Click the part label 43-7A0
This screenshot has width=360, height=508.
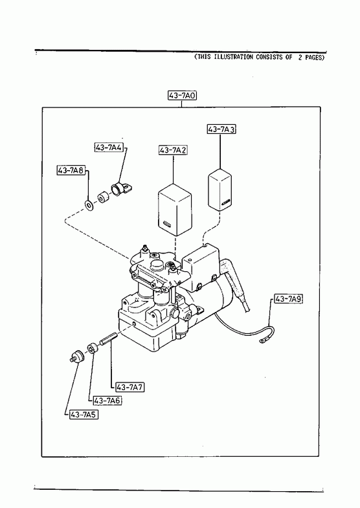[182, 96]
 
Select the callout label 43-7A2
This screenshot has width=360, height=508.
[174, 150]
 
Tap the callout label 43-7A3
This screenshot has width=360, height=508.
[221, 129]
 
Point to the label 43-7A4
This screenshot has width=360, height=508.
[109, 148]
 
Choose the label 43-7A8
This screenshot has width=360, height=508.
[71, 170]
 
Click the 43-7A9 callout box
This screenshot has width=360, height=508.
[288, 299]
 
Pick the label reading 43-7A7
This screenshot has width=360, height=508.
[129, 387]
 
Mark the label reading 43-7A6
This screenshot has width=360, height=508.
[107, 401]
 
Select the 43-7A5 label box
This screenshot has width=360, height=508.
[84, 414]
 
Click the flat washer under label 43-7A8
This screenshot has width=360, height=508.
[89, 205]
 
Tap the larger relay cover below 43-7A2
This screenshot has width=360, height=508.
[175, 210]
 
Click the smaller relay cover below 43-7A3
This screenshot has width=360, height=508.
[219, 190]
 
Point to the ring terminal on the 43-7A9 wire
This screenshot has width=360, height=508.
[261, 341]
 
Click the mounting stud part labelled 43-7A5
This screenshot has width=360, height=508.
[77, 357]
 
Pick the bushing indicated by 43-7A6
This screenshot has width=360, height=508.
[92, 348]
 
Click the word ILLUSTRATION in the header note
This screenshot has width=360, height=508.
[234, 58]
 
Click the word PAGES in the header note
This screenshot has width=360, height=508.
[313, 58]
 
